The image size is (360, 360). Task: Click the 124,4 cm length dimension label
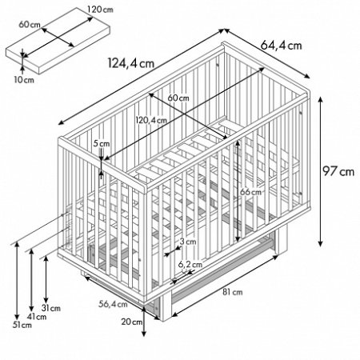coord(131,63)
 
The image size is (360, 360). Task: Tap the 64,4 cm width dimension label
coord(281,46)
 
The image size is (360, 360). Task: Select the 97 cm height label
coord(338,171)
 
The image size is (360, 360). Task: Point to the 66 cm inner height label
coord(250,192)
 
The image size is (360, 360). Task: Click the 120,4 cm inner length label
coord(151,120)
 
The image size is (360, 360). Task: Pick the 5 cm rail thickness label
coord(102,144)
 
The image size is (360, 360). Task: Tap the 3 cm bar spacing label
coord(188,242)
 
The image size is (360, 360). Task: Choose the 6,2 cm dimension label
coord(190,265)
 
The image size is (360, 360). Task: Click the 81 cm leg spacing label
coord(233,292)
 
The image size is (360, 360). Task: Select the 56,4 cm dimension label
coord(113,304)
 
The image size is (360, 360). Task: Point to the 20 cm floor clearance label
coord(132,322)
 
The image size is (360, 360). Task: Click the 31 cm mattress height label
coord(51,308)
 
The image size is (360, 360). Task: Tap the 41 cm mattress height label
coord(37,317)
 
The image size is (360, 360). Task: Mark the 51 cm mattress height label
coord(22,325)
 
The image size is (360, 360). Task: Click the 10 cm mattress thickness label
coord(24,80)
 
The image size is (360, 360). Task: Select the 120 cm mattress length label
coord(100,10)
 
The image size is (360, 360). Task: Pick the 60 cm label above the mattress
coord(30,25)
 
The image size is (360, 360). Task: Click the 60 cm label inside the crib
coord(178,98)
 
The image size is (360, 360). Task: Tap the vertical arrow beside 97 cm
coord(321,172)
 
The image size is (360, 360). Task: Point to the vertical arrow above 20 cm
coord(144,321)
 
